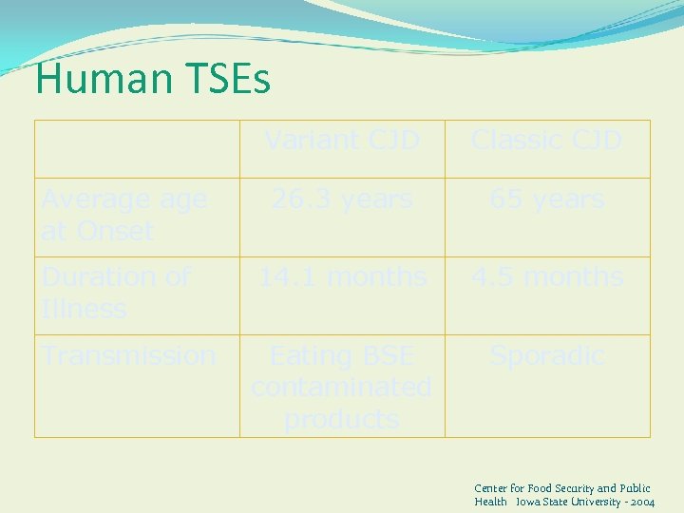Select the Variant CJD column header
[x=342, y=141]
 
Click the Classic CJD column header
[x=547, y=141]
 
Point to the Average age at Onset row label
[x=123, y=215]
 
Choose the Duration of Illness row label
[x=116, y=293]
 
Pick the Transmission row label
[x=128, y=355]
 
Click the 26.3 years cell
[x=342, y=199]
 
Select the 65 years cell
[x=547, y=199]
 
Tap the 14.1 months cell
[x=342, y=277]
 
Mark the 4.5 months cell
[x=547, y=277]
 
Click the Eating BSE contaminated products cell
[x=342, y=387]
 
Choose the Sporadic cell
[x=547, y=355]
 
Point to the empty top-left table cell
[x=137, y=149]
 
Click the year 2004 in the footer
[x=641, y=502]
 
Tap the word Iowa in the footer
[x=528, y=502]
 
